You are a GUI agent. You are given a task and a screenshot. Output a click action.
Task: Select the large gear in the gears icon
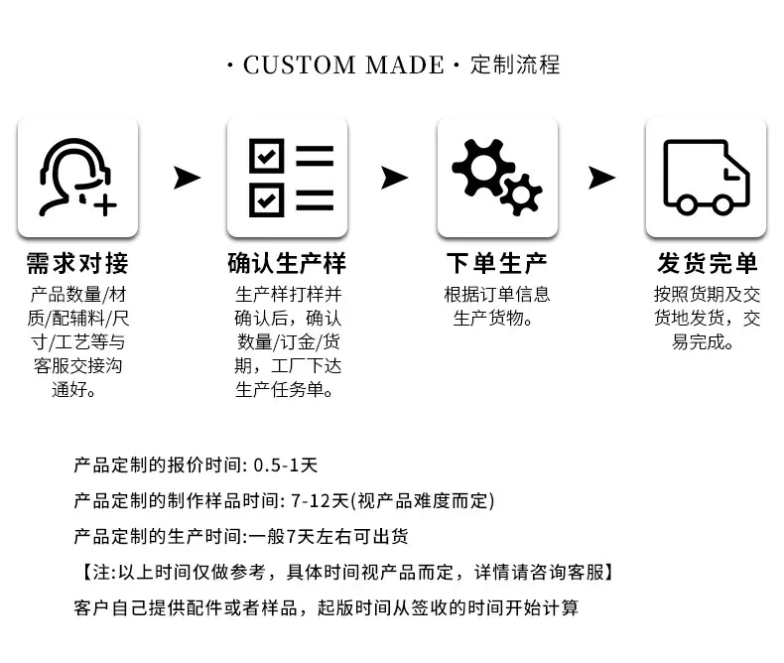478,167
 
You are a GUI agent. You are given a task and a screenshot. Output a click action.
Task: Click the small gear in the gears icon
521,195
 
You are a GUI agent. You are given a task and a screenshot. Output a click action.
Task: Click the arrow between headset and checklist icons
187,178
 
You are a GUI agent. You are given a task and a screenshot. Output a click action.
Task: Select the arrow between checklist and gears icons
395,178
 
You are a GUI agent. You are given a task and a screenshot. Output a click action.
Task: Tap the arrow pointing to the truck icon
602,178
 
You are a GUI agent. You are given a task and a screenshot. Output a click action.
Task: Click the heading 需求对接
77,263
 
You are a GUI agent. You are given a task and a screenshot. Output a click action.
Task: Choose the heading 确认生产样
287,263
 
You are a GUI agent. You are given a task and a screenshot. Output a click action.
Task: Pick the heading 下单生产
497,263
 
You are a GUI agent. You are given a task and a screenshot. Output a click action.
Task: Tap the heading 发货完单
707,263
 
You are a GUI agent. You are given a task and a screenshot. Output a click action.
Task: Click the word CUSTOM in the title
299,65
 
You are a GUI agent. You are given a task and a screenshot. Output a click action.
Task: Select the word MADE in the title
405,65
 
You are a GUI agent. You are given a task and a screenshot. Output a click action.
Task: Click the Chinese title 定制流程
515,65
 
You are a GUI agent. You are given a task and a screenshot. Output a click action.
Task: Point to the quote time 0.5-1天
286,465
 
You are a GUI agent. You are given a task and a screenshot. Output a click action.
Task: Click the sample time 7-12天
320,501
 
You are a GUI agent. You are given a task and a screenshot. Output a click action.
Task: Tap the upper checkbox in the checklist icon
267,156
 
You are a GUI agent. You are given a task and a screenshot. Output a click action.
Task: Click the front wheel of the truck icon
722,204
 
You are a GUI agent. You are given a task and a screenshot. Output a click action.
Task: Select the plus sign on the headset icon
105,205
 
